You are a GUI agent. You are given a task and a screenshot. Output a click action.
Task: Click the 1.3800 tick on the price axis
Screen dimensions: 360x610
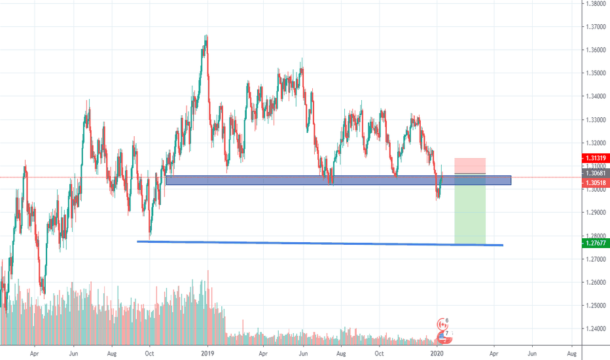coord(596,3)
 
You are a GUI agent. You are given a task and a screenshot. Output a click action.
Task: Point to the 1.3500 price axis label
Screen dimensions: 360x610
coord(596,73)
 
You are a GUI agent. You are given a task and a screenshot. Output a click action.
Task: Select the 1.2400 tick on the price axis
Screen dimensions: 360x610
coord(596,329)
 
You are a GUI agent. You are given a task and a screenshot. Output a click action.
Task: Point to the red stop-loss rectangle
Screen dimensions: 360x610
coord(469,166)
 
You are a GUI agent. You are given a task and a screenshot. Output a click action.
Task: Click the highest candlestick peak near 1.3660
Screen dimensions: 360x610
coord(206,37)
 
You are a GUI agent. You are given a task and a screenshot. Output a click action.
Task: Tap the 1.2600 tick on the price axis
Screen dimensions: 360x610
coord(596,283)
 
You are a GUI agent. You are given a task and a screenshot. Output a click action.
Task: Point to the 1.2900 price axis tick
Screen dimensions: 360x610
coord(596,213)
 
